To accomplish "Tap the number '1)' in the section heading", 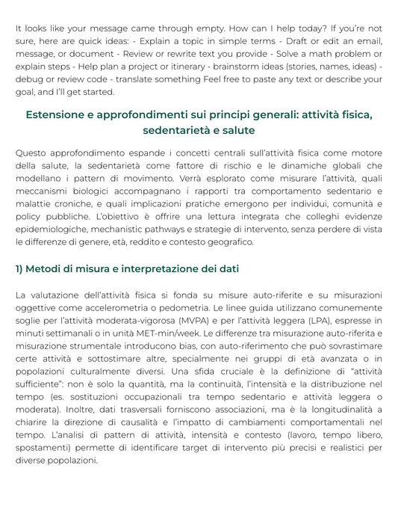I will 21,268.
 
